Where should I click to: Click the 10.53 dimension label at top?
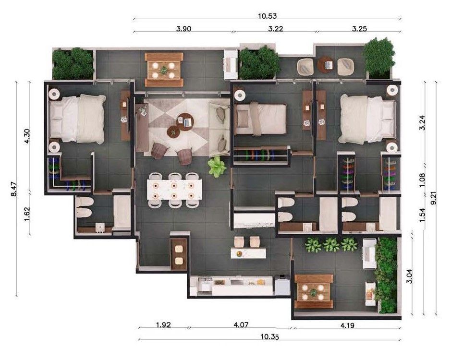268,15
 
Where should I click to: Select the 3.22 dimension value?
275,28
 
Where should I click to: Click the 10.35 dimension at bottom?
269,336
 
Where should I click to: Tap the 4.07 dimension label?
242,325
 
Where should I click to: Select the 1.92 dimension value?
164,325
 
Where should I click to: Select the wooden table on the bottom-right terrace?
314,291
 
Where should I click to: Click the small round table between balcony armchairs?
325,63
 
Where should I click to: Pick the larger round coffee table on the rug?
185,120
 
